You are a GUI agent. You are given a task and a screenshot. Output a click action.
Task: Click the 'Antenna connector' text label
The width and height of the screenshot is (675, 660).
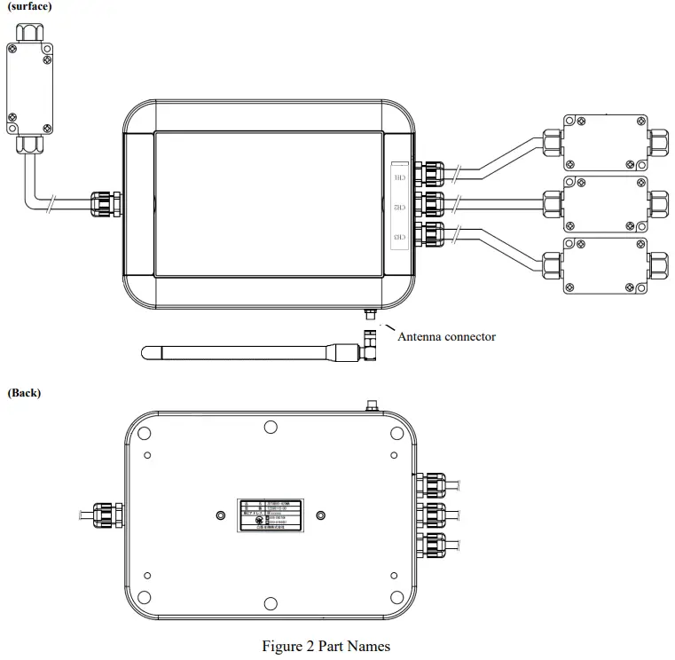[446, 336]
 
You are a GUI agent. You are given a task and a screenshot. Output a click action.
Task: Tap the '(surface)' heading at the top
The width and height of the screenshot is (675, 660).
[29, 6]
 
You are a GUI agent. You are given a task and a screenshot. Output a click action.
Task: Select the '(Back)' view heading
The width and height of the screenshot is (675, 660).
[24, 392]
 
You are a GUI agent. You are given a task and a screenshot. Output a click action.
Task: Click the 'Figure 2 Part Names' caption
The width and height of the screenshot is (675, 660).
[326, 646]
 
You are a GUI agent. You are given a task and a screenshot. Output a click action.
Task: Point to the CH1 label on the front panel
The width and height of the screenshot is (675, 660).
[400, 177]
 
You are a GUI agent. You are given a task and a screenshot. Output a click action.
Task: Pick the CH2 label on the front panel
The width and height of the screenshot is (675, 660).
[400, 208]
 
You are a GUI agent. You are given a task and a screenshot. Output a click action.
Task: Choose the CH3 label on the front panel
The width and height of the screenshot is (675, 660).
[400, 238]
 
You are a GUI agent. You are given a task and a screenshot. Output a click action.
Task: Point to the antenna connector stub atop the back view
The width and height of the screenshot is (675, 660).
[370, 405]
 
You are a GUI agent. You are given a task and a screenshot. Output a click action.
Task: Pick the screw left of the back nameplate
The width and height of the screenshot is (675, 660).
[221, 515]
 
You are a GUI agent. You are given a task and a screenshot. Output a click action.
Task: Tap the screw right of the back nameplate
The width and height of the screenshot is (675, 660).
[321, 515]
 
